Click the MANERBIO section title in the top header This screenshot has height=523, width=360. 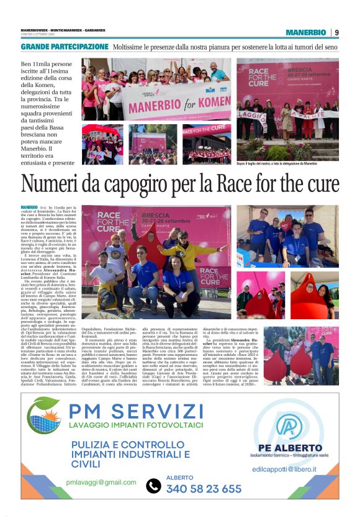pos(305,32)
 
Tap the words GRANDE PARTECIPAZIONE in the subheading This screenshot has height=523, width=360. pos(65,47)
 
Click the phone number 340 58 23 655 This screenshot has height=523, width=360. pos(204,488)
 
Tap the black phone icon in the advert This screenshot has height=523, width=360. pos(153,486)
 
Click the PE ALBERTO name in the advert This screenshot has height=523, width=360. pos(288,447)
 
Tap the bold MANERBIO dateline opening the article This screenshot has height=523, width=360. pos(29,207)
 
